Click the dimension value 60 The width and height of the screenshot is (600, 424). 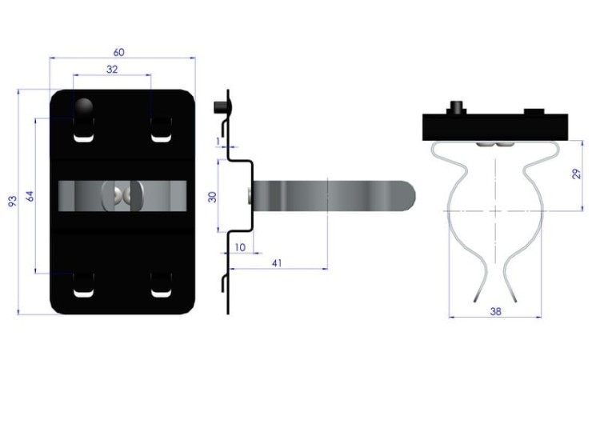click(x=119, y=52)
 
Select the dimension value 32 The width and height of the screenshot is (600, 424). click(x=112, y=70)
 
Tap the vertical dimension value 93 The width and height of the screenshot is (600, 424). click(x=13, y=201)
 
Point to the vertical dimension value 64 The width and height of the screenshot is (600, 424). click(x=30, y=196)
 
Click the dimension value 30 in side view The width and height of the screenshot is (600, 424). click(x=212, y=197)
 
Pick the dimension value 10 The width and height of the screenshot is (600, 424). click(x=240, y=247)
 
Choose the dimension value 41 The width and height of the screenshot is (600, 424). click(x=277, y=263)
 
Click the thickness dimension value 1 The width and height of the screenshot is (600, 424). click(x=218, y=142)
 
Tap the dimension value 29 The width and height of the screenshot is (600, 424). click(x=576, y=174)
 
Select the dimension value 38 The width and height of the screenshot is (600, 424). click(x=495, y=311)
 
